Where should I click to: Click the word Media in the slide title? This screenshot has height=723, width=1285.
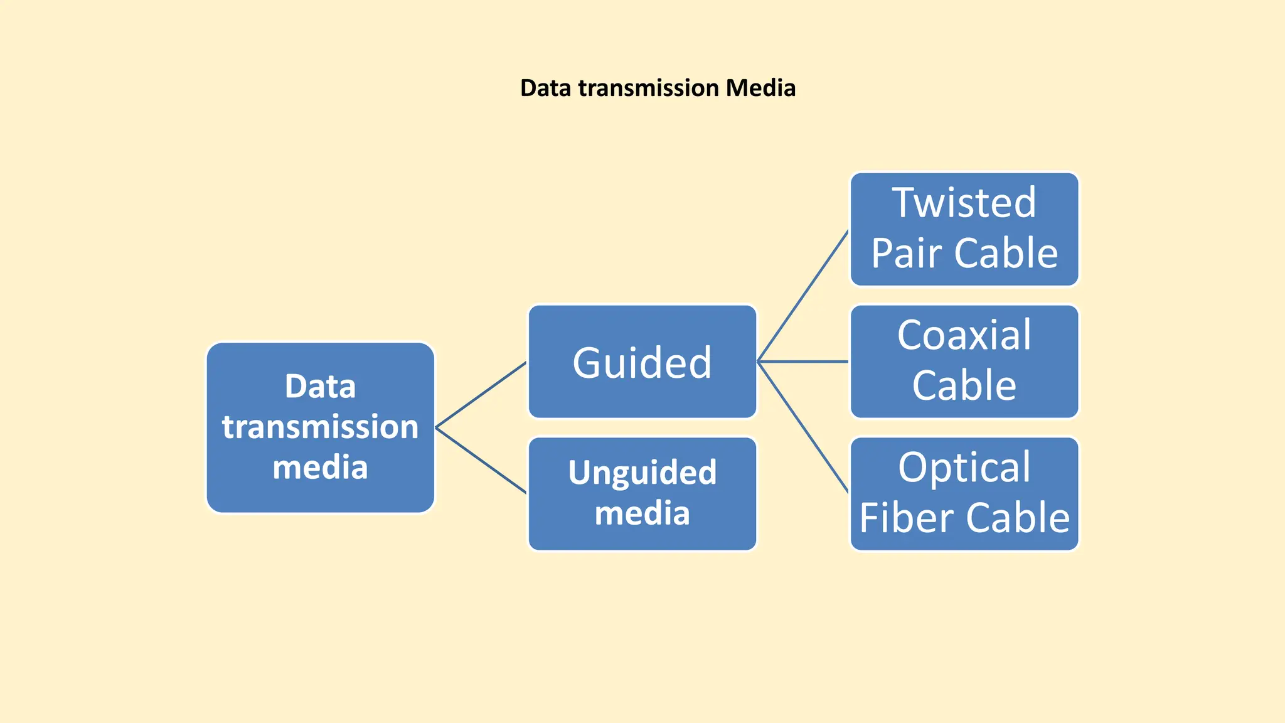(760, 88)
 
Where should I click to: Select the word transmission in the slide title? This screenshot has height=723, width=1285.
(648, 88)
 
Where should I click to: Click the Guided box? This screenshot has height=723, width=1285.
(642, 362)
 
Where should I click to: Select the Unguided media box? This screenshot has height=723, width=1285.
(642, 494)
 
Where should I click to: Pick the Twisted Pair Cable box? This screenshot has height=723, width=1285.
(964, 229)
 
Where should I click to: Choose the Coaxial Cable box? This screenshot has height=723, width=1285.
(964, 361)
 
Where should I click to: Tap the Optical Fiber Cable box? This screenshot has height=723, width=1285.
(964, 494)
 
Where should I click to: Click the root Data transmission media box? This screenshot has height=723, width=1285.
(320, 427)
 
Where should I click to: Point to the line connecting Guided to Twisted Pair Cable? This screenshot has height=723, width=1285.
(803, 296)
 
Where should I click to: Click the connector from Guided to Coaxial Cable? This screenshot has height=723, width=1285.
(803, 361)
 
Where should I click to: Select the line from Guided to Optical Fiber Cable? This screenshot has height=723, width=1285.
(803, 427)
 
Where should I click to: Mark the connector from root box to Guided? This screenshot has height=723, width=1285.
(481, 395)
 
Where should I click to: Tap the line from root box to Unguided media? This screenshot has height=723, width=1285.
(481, 461)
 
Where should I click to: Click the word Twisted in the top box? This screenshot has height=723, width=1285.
(964, 203)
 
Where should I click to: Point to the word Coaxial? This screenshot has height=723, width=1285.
(964, 335)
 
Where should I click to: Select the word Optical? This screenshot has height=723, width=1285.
(964, 468)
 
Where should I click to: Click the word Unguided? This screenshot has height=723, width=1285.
(642, 473)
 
